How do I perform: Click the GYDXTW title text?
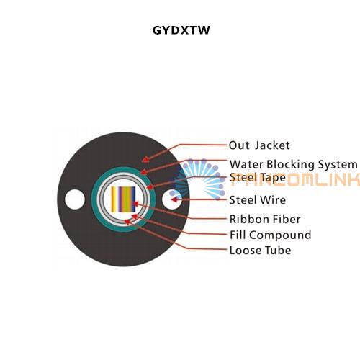[x=181, y=30]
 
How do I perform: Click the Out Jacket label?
[x=259, y=145]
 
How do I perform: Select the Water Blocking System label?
[x=293, y=165]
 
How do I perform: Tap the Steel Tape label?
[x=258, y=178]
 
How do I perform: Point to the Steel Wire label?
[x=258, y=200]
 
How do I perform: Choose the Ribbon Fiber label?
[x=265, y=219]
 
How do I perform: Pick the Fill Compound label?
[x=271, y=235]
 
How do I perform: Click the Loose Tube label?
[x=261, y=251]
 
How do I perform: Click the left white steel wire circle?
[x=75, y=199]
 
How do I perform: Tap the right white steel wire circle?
[x=172, y=199]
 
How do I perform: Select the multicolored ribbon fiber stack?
[x=123, y=199]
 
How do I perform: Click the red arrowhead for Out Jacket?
[x=145, y=159]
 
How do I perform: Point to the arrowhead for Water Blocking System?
[x=143, y=172]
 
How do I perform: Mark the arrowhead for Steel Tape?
[x=150, y=186]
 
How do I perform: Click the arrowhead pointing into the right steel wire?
[x=175, y=199]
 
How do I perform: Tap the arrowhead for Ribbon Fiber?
[x=135, y=204]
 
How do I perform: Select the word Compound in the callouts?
[x=280, y=235]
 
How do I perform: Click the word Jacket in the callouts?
[x=272, y=145]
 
